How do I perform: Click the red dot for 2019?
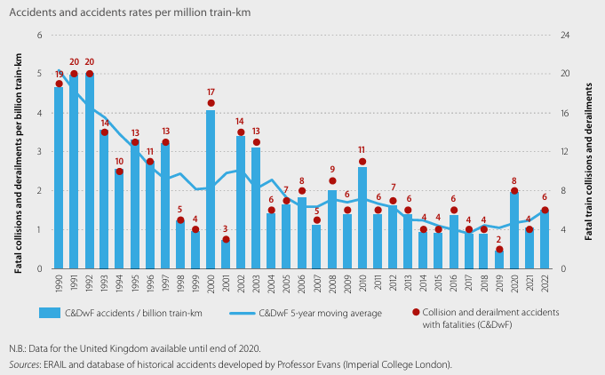click(499, 250)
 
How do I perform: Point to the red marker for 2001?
click(226, 239)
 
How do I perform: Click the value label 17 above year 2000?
click(211, 92)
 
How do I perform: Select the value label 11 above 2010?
click(362, 150)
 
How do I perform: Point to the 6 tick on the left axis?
click(39, 35)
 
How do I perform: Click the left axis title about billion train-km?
click(19, 151)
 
